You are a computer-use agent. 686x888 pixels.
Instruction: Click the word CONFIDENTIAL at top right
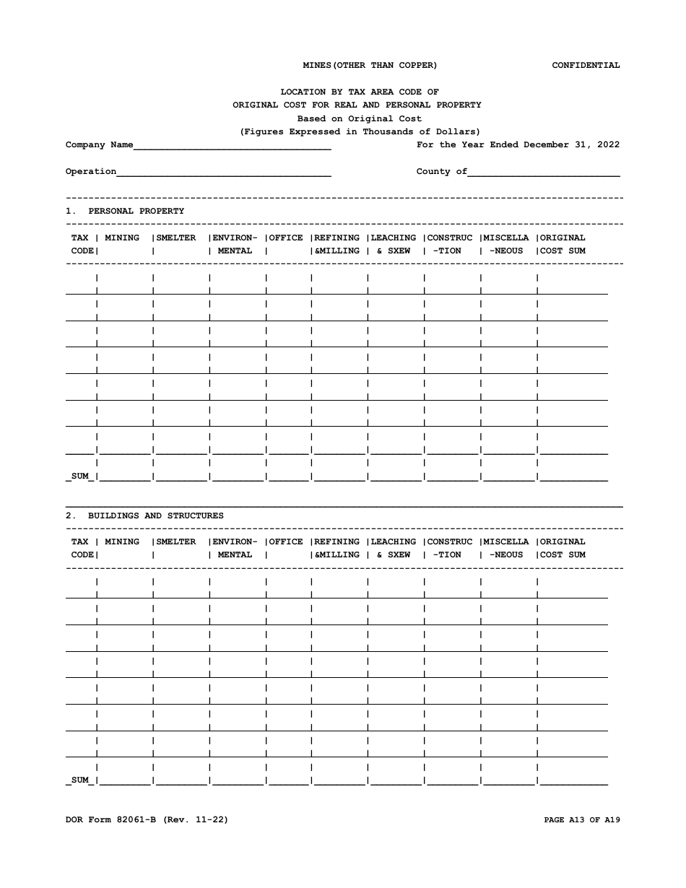pyautogui.click(x=586, y=65)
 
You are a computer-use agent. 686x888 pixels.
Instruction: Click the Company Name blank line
pyautogui.click(x=232, y=146)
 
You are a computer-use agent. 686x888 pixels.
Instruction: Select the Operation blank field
pyautogui.click(x=224, y=173)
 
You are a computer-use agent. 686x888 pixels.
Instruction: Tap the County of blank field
pyautogui.click(x=544, y=173)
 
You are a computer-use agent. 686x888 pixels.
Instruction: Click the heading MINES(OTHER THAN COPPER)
pyautogui.click(x=370, y=65)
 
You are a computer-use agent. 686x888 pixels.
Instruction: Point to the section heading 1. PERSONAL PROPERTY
pyautogui.click(x=125, y=211)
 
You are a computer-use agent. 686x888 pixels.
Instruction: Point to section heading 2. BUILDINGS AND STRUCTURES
pyautogui.click(x=144, y=515)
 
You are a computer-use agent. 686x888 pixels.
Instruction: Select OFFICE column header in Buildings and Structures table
pyautogui.click(x=286, y=541)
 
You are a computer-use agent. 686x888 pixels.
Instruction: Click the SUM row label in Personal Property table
pyautogui.click(x=80, y=476)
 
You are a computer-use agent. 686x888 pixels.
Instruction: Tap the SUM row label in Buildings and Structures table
pyautogui.click(x=80, y=780)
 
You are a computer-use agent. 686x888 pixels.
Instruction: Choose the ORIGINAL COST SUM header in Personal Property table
pyautogui.click(x=563, y=244)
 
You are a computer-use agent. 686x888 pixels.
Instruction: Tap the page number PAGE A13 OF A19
pyautogui.click(x=581, y=819)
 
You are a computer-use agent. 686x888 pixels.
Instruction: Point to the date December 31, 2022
pyautogui.click(x=571, y=144)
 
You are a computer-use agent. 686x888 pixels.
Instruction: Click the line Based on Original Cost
pyautogui.click(x=360, y=118)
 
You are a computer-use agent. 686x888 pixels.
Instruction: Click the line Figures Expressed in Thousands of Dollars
pyautogui.click(x=360, y=131)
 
